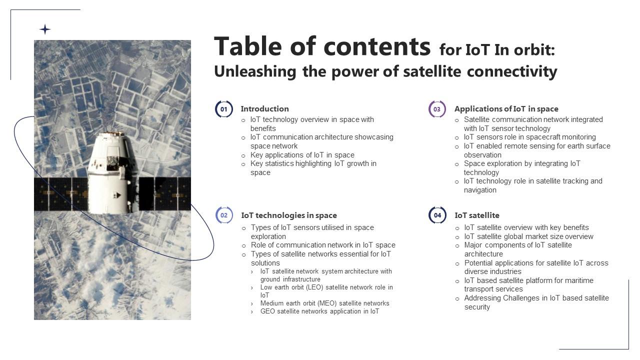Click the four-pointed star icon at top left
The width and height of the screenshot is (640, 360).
[x=45, y=29]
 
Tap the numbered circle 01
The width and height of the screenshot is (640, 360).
[x=224, y=109]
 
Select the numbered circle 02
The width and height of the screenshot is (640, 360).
[x=224, y=215]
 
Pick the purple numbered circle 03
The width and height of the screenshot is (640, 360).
[x=437, y=109]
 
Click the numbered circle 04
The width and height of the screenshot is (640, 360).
[x=437, y=215]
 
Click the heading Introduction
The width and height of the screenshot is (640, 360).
[x=264, y=109]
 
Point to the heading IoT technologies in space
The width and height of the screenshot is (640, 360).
[x=289, y=215]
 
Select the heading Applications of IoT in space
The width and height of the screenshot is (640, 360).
[x=506, y=109]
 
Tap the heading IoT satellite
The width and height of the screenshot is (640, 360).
[x=476, y=215]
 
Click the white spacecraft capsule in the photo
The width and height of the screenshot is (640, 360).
[x=109, y=172]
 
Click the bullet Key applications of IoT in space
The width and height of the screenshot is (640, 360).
[x=302, y=155]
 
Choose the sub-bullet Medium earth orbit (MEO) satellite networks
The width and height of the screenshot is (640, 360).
[x=324, y=303]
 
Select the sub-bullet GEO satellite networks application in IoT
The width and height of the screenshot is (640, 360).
[x=319, y=311]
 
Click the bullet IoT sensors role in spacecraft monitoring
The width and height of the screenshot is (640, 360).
[x=529, y=137]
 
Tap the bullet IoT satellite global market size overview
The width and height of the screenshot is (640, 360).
[x=528, y=236]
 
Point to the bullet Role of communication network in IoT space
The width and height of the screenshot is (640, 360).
[x=323, y=245]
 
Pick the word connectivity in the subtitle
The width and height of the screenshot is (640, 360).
[x=512, y=72]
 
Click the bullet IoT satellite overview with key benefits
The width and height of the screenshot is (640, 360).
[x=526, y=227]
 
